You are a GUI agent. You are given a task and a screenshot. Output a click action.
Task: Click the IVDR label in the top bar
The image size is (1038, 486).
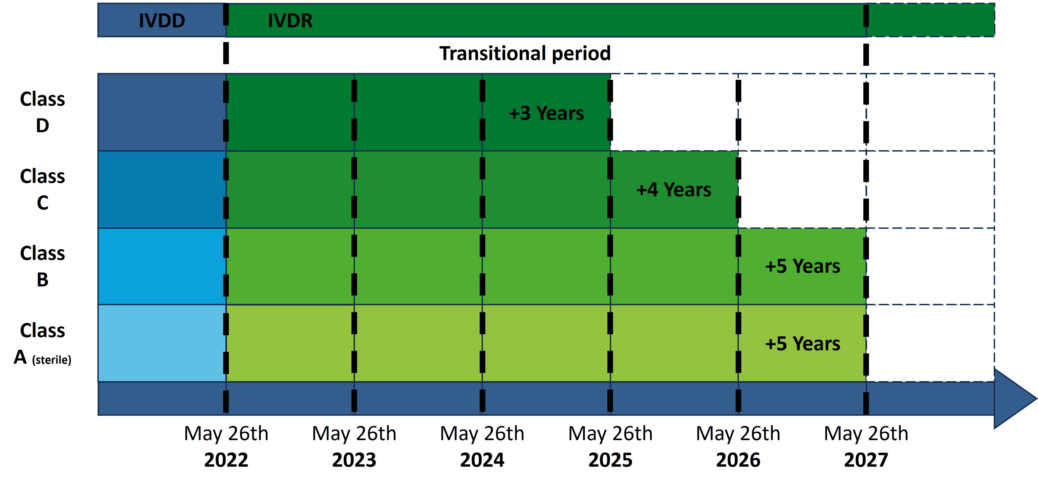click(x=290, y=21)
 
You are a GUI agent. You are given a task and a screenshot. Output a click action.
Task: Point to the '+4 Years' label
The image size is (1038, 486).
click(x=674, y=190)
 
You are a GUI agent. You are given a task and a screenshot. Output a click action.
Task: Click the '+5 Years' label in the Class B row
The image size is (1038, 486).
click(x=803, y=266)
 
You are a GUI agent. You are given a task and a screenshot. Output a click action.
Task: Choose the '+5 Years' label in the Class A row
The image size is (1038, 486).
click(x=803, y=344)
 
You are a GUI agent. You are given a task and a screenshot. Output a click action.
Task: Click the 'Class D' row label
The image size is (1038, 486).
click(x=42, y=112)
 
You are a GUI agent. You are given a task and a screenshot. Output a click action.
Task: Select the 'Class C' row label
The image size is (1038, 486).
click(x=42, y=189)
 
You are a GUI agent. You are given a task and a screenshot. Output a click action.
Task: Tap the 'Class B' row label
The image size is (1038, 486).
click(x=42, y=266)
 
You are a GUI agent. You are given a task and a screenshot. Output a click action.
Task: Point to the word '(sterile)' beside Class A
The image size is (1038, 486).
click(x=52, y=359)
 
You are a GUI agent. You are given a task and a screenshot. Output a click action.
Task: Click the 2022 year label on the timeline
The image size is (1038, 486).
click(x=226, y=460)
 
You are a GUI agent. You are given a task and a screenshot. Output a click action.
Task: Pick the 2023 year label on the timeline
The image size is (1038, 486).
click(x=354, y=460)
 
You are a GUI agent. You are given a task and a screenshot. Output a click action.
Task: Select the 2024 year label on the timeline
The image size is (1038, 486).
click(x=482, y=460)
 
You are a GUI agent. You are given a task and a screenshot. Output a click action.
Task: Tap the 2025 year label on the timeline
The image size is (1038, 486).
click(x=610, y=460)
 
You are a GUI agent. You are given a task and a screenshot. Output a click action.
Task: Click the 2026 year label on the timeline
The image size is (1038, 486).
click(x=738, y=460)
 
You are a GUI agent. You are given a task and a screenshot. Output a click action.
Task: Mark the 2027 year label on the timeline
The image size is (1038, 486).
click(x=866, y=460)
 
